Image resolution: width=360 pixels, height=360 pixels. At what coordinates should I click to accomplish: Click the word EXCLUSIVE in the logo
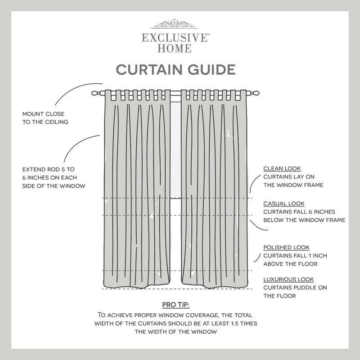(175, 38)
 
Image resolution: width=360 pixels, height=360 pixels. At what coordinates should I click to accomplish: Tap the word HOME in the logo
(174, 49)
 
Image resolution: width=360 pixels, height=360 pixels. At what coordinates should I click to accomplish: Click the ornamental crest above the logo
(175, 24)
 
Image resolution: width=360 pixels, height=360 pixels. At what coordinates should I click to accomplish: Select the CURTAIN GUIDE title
(176, 70)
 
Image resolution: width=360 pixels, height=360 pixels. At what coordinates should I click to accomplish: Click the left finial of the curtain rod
(95, 93)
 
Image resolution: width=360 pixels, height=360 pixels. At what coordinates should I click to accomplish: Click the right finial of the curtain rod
(256, 93)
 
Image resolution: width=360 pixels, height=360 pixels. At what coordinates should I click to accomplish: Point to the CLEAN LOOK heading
(282, 169)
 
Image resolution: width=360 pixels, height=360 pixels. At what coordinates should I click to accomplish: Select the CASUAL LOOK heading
(284, 203)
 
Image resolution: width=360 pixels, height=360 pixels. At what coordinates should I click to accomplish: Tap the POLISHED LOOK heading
(286, 247)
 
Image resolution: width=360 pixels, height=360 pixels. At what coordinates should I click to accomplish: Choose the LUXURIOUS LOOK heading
(288, 279)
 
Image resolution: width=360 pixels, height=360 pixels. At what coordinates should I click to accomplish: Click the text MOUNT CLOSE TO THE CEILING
(45, 118)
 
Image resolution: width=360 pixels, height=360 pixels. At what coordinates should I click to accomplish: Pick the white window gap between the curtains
(175, 148)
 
